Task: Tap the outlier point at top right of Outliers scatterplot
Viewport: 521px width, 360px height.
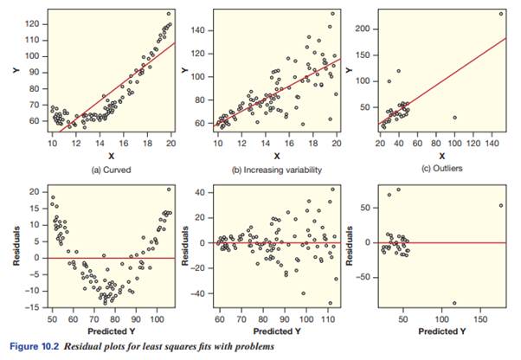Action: [500, 13]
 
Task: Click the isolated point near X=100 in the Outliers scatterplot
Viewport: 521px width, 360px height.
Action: [454, 118]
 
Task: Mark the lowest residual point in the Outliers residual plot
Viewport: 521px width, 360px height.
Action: [453, 303]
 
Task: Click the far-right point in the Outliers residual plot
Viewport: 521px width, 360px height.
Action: [501, 205]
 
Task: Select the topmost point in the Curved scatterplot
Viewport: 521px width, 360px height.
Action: [169, 13]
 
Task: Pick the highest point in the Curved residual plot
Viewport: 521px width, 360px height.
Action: [169, 189]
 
